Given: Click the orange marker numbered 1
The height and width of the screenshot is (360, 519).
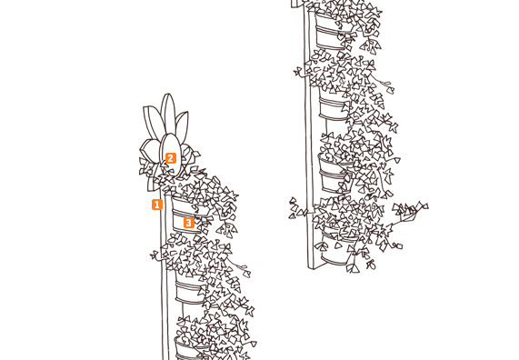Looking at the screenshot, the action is pyautogui.click(x=157, y=205).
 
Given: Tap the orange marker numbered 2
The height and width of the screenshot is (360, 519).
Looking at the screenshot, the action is pyautogui.click(x=171, y=158).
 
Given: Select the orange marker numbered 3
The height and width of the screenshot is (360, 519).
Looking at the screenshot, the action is pyautogui.click(x=189, y=223).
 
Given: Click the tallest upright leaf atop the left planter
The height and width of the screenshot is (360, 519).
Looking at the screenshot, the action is pyautogui.click(x=168, y=115).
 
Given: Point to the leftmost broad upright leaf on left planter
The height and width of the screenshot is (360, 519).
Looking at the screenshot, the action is pyautogui.click(x=153, y=122).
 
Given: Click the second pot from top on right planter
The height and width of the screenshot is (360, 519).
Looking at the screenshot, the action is pyautogui.click(x=334, y=106).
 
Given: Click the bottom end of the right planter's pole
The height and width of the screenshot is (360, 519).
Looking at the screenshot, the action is pyautogui.click(x=312, y=267).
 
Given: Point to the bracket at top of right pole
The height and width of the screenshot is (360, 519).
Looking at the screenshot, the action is pyautogui.click(x=297, y=4).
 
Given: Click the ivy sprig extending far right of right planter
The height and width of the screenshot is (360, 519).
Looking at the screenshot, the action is pyautogui.click(x=410, y=210).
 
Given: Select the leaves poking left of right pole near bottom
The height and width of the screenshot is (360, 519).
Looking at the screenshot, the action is pyautogui.click(x=297, y=209).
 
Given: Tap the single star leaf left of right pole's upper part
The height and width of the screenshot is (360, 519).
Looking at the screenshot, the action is pyautogui.click(x=298, y=72).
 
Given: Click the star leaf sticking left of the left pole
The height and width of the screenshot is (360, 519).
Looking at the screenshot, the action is pyautogui.click(x=155, y=255).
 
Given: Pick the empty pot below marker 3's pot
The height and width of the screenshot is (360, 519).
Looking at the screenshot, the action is pyautogui.click(x=190, y=292).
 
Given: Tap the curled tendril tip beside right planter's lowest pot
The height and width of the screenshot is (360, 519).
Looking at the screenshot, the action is pyautogui.click(x=397, y=246).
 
